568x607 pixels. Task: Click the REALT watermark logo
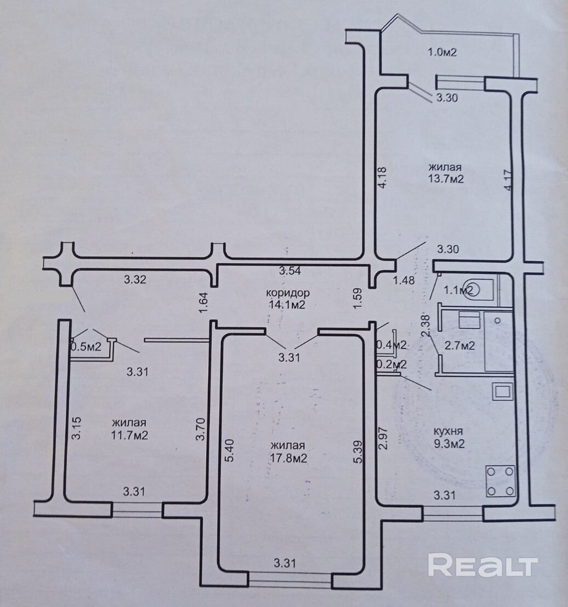pos(483,564)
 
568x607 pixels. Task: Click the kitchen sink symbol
pos(502,391)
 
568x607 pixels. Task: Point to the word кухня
pos(447,431)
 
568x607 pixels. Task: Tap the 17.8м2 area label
pos(287,459)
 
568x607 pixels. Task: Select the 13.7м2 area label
pos(446,179)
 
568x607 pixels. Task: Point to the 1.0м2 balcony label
pos(442,53)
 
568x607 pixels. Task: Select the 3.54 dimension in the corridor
pos(290,270)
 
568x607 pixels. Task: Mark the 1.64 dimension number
pos(203,302)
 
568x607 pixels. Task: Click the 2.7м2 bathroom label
pos(459,346)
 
